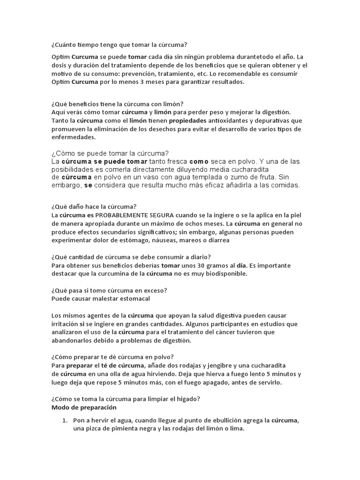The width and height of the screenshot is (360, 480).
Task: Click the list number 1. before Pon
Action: pyautogui.click(x=66, y=420)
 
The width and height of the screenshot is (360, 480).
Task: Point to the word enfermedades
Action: pyautogui.click(x=73, y=137)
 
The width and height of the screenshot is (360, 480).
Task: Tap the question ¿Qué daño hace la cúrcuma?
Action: pyautogui.click(x=94, y=207)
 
